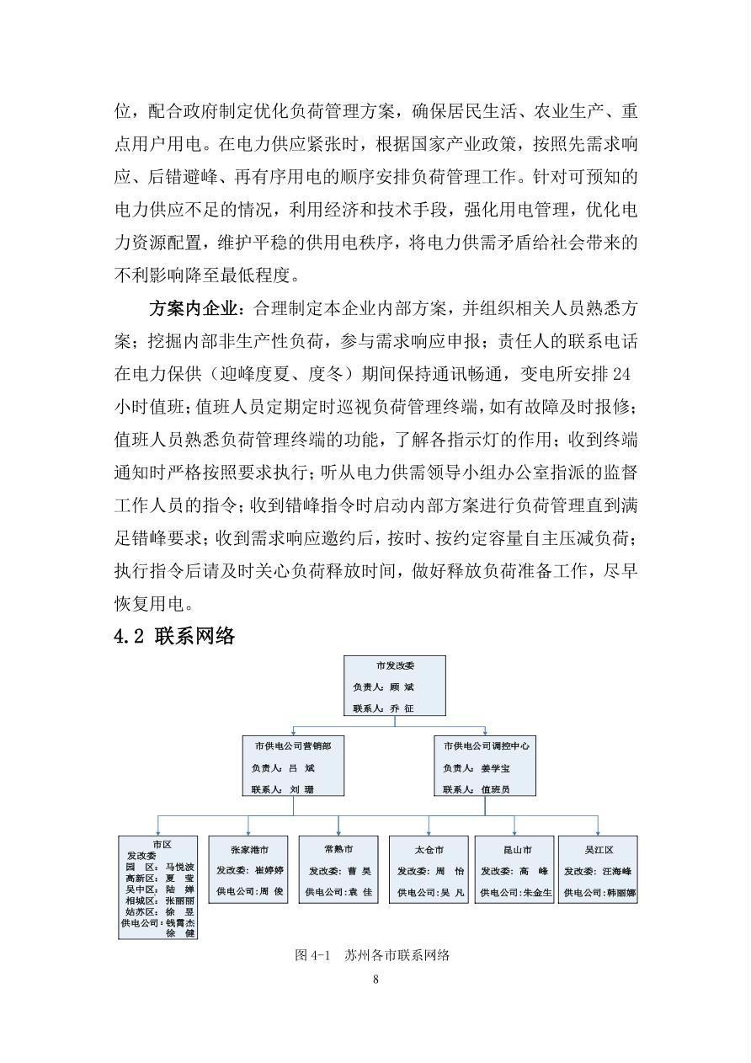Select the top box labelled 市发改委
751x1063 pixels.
point(395,686)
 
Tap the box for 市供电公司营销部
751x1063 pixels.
point(293,767)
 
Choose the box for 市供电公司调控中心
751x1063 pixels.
point(486,767)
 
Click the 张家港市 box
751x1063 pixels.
point(248,869)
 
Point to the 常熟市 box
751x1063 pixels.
point(338,869)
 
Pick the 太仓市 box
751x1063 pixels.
point(429,869)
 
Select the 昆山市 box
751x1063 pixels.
point(515,869)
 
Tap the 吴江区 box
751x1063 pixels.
point(598,869)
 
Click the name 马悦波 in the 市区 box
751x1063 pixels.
point(179,867)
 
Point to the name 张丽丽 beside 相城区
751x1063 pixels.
point(179,900)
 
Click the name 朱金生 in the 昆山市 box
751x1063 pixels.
point(537,892)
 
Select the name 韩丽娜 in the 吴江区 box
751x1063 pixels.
point(620,892)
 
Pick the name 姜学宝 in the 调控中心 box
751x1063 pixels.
point(495,768)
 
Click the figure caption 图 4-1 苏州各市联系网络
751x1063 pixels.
point(372,954)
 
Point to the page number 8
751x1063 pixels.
point(375,979)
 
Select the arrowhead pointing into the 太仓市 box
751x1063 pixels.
point(429,831)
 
